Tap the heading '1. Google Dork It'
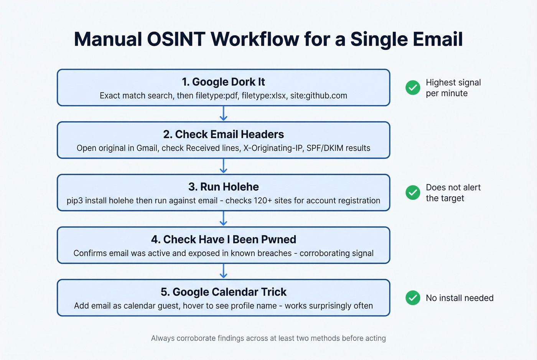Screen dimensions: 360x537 pos(223,82)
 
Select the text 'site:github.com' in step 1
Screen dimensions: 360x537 pos(318,95)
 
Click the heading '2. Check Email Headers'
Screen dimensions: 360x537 pos(223,134)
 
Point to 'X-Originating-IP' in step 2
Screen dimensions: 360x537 pos(273,148)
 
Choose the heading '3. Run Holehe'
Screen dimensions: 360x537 pos(223,187)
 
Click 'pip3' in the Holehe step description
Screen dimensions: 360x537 pos(74,201)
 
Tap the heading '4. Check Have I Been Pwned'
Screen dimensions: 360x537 pos(223,239)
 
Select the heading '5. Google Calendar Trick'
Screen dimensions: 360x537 pos(223,292)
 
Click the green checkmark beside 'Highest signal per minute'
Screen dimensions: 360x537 pos(413,88)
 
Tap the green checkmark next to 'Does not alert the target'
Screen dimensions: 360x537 pos(413,192)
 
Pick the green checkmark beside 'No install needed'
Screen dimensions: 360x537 pos(413,298)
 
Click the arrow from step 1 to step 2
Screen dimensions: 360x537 pos(223,114)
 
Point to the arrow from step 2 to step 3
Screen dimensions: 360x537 pos(223,166)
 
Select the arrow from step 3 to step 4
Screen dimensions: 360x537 pos(223,219)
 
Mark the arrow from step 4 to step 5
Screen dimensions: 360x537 pos(223,271)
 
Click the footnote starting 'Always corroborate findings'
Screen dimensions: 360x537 pos(268,338)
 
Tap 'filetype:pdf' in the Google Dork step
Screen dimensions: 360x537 pos(216,95)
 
